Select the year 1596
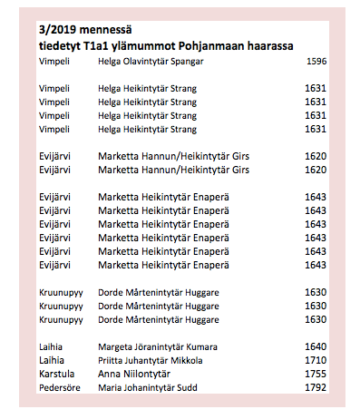[x=316, y=61]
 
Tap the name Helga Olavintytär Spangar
[x=151, y=61]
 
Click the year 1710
[x=316, y=360]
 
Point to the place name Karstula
[x=56, y=374]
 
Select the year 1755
[x=316, y=374]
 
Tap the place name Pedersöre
[x=59, y=388]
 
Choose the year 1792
[x=316, y=388]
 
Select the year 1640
[x=316, y=346]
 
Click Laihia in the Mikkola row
[x=53, y=360]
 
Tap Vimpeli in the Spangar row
[x=54, y=61]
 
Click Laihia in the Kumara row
[x=53, y=346]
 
